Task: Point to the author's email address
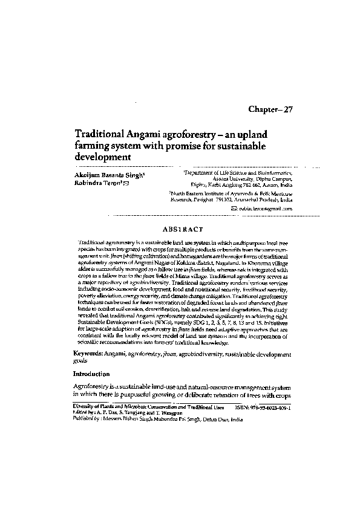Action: point(266,209)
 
